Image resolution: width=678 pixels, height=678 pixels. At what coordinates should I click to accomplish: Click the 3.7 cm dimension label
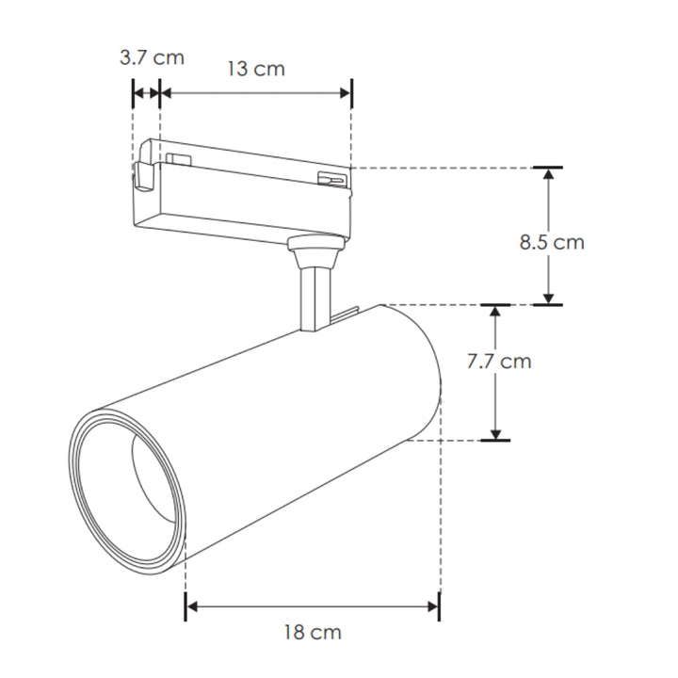coord(152,57)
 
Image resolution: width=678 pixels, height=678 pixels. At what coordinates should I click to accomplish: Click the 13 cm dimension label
coord(255,69)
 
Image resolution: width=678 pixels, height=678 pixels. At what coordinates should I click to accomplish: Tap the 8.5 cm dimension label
coord(552,242)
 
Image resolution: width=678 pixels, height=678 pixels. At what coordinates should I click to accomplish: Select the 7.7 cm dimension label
coord(499,361)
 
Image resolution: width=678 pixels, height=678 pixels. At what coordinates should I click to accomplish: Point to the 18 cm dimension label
coord(312,632)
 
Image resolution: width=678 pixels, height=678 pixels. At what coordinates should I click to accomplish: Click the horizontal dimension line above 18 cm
coord(312,607)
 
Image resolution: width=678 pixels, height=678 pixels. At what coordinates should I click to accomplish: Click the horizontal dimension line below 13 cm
coord(255,92)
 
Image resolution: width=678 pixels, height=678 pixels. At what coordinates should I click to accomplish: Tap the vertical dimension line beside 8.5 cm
coord(548,207)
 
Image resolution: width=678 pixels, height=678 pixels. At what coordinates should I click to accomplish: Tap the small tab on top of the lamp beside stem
coord(347,317)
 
